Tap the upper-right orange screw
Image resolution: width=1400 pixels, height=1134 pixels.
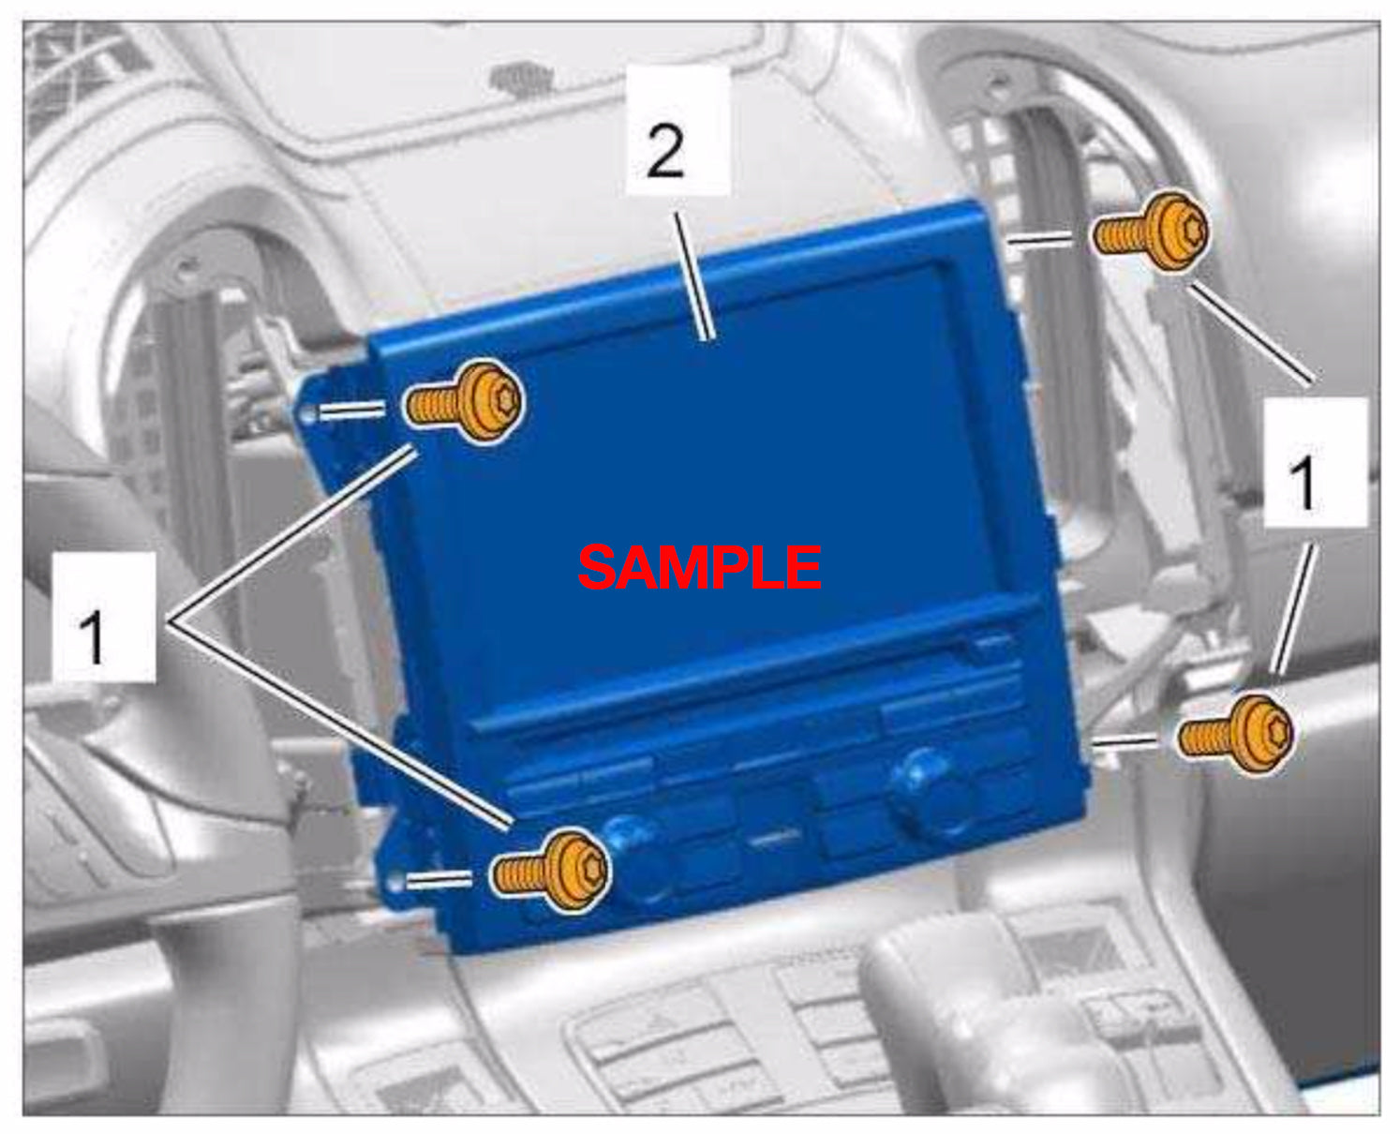1150,232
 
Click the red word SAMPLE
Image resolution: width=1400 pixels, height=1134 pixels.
699,567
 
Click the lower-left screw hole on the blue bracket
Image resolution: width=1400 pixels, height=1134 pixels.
395,884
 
